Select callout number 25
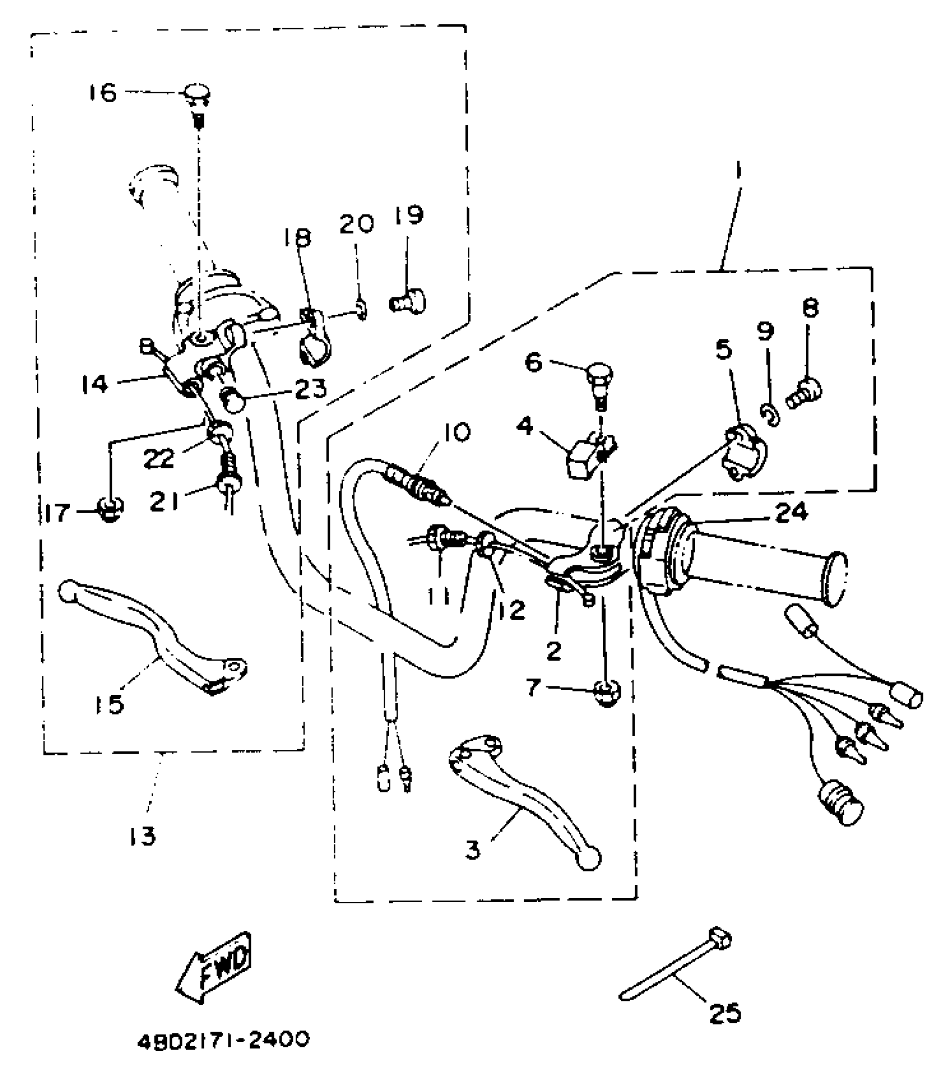pos(724,1013)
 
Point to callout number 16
pos(103,92)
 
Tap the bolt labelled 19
pos(409,302)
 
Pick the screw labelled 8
pos(806,391)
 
